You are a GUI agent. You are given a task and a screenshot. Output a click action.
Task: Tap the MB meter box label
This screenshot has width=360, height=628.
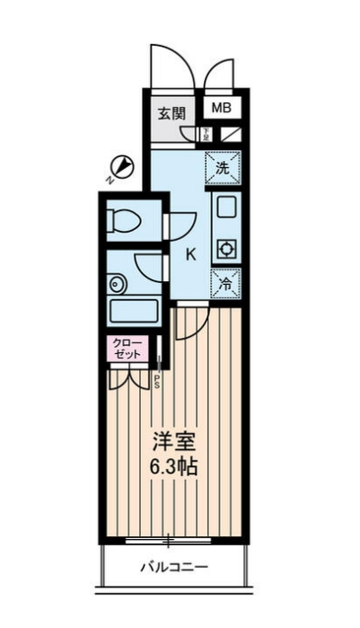click(222, 108)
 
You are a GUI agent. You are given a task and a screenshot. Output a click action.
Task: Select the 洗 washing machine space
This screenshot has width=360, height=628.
click(223, 167)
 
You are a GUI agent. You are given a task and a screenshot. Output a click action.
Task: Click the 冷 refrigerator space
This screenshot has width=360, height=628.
click(223, 282)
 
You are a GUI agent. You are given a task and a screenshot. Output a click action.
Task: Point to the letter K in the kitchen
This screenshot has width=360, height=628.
click(190, 253)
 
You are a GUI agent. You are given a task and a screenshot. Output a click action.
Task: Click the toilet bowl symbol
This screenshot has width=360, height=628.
click(122, 218)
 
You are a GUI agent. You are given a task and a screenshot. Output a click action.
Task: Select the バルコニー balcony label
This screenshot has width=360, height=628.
click(173, 568)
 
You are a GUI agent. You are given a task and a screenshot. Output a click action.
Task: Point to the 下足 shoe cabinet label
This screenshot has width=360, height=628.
click(206, 135)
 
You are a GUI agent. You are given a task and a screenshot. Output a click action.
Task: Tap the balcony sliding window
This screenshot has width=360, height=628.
click(171, 540)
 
